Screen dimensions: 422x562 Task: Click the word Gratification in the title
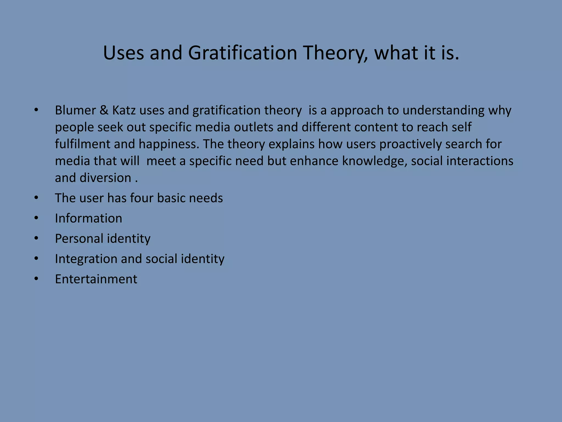click(243, 53)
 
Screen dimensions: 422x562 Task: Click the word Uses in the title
click(123, 53)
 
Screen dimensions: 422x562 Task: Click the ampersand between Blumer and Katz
click(104, 110)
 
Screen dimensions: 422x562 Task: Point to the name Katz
click(124, 110)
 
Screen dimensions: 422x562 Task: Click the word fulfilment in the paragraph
click(82, 144)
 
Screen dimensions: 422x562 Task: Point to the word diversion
click(105, 178)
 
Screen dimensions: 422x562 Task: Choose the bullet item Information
click(88, 218)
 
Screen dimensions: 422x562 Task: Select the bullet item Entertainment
click(96, 279)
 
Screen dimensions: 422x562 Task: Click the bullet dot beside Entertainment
click(36, 279)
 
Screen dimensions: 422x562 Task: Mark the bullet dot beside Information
click(36, 218)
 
